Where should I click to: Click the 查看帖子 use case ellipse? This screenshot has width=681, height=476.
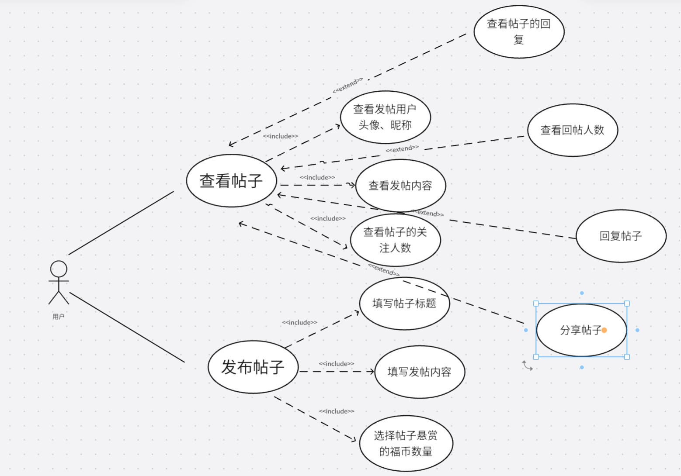(231, 180)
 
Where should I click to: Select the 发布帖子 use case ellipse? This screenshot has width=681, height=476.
(253, 367)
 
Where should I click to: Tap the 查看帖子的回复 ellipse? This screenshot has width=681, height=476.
(519, 31)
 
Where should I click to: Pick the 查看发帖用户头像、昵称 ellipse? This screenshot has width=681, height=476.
(385, 117)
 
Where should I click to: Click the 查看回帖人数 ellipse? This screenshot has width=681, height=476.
(572, 130)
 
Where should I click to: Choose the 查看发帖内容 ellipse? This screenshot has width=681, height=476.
(400, 186)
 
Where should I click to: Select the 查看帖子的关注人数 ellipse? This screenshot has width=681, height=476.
(395, 240)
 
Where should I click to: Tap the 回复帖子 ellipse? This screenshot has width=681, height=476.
(621, 236)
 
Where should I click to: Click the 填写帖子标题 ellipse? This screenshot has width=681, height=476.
(404, 303)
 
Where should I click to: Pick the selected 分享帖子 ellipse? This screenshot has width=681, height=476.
(577, 330)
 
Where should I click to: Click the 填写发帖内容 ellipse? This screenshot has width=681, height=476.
(419, 372)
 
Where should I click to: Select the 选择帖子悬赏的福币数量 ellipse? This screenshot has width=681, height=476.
(406, 443)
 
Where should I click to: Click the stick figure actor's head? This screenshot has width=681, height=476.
(59, 269)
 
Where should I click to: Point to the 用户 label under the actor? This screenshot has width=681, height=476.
(59, 317)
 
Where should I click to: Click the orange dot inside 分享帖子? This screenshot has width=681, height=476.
(604, 330)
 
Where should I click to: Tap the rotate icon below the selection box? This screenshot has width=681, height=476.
(528, 366)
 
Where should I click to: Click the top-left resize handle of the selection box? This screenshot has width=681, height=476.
(536, 304)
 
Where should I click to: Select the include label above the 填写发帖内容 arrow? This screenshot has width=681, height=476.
(336, 364)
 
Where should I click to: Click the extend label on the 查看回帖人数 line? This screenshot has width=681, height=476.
(402, 149)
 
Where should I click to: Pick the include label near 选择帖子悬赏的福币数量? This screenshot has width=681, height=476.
(336, 411)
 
